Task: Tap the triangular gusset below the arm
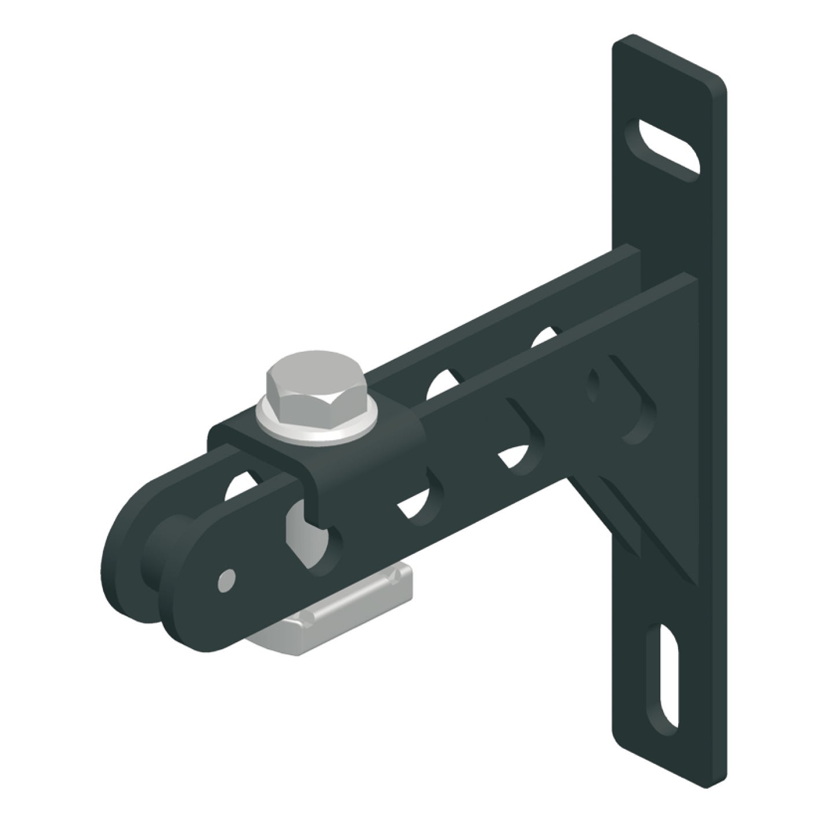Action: point(625,521)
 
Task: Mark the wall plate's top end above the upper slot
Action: point(665,69)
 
